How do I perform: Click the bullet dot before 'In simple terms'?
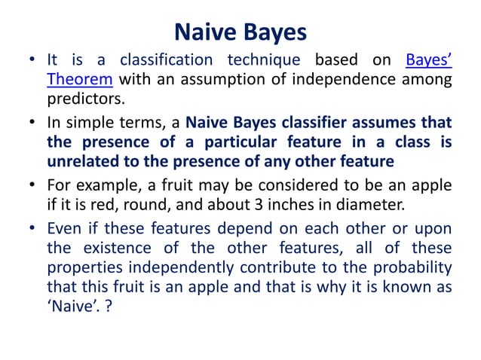32,121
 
